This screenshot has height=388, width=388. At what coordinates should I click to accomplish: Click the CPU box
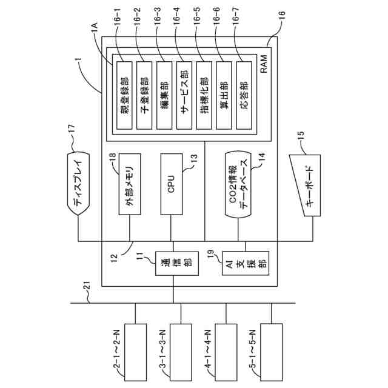tap(171, 183)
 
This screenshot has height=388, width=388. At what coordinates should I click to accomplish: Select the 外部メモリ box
tap(129, 183)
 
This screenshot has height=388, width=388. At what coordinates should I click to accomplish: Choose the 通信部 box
tap(173, 263)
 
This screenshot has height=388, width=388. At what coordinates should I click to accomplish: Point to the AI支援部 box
tap(245, 263)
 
